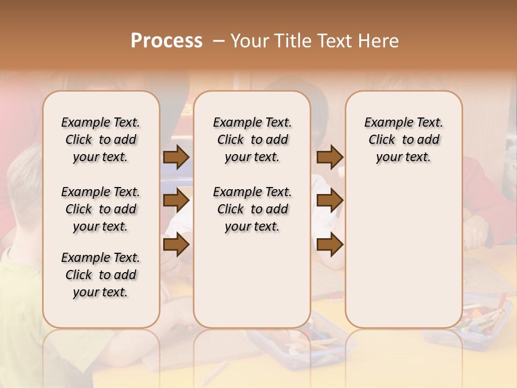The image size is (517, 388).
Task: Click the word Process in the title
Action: (166, 40)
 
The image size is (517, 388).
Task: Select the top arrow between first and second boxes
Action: (176, 157)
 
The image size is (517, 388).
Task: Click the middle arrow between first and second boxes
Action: (176, 200)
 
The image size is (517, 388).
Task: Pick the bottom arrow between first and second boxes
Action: (176, 245)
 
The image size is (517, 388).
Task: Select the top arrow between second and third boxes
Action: (330, 157)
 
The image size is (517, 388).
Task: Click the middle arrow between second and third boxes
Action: (330, 200)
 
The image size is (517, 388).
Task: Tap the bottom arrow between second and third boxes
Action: (330, 245)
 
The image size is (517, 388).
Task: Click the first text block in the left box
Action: (101, 140)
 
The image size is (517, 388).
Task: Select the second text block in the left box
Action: (101, 209)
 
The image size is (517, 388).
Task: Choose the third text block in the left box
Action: (101, 275)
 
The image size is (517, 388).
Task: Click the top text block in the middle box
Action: (252, 140)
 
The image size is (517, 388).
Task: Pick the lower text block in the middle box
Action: (252, 209)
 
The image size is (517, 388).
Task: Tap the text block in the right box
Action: (403, 140)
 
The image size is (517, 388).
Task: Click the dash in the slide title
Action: (218, 40)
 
